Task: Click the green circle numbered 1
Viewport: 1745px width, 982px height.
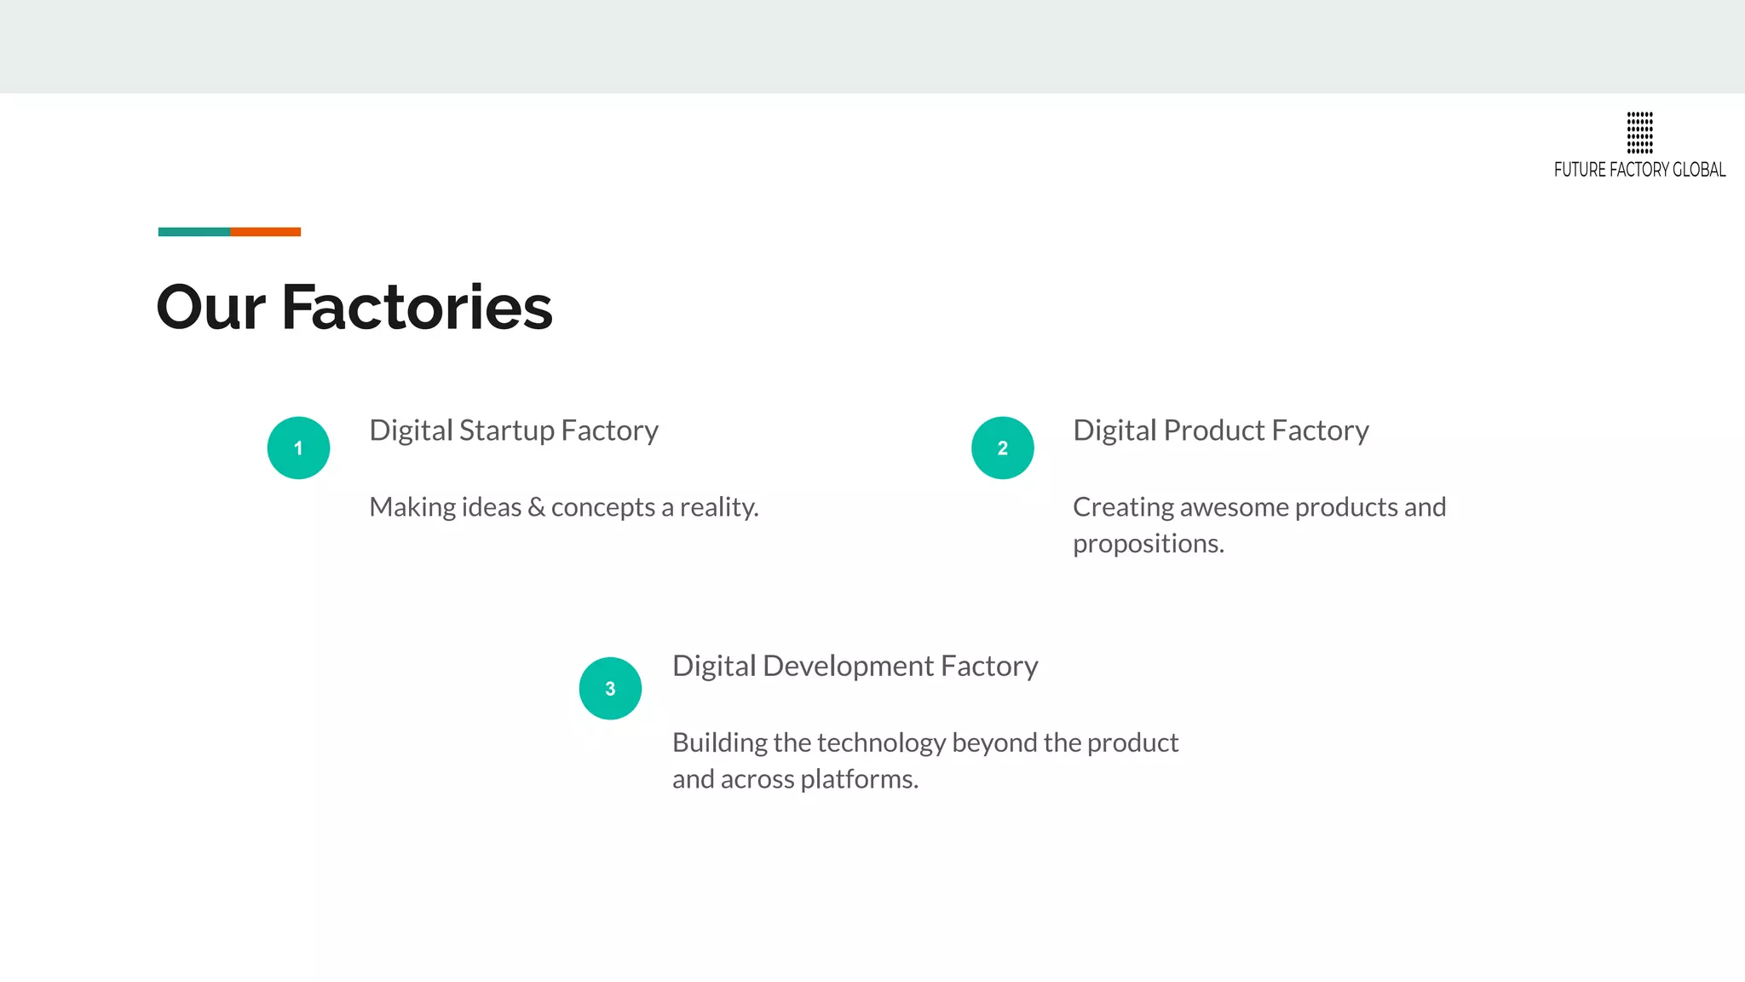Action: click(298, 448)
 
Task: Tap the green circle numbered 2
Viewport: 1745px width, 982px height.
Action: click(1002, 448)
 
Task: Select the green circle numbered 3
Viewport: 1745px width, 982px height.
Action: click(610, 688)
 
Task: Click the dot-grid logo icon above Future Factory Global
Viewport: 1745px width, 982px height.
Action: click(1639, 132)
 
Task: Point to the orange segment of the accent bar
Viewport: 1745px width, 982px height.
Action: click(265, 232)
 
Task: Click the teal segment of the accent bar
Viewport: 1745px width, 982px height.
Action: click(193, 232)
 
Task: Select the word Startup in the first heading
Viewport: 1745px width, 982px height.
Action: click(506, 431)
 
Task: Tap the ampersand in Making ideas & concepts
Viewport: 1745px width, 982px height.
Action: click(536, 507)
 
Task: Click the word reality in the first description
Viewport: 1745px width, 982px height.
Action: click(718, 508)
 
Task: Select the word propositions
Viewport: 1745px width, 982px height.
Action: click(1148, 544)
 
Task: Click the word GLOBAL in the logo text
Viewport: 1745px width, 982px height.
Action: click(1699, 170)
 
